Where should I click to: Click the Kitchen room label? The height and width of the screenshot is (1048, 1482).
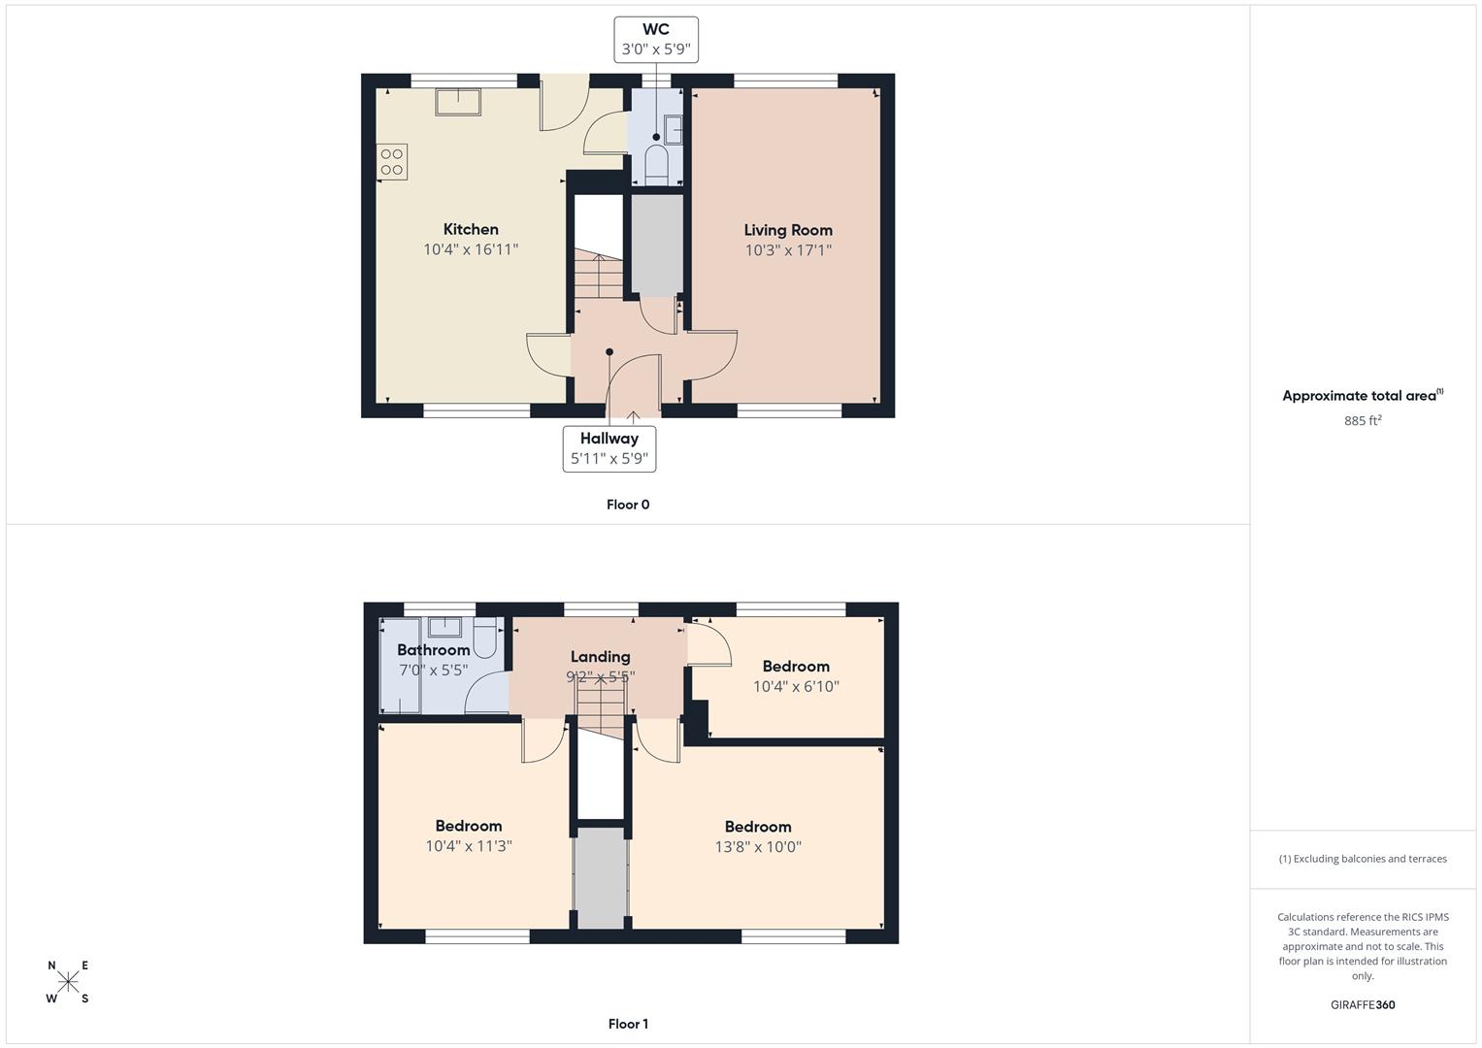click(x=471, y=230)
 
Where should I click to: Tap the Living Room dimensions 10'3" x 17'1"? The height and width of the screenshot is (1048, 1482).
click(x=788, y=250)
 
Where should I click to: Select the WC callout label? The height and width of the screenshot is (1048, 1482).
click(x=656, y=40)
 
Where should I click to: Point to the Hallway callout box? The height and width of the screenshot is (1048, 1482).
click(x=609, y=449)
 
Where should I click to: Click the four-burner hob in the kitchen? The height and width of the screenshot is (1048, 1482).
click(x=392, y=162)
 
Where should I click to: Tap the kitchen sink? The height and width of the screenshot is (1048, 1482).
click(x=458, y=102)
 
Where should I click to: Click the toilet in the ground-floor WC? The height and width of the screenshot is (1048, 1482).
click(x=656, y=165)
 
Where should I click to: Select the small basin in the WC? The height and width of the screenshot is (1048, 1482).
click(x=673, y=130)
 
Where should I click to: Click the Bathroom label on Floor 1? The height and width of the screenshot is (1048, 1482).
click(x=434, y=650)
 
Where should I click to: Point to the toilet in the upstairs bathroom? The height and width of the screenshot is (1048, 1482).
click(x=485, y=638)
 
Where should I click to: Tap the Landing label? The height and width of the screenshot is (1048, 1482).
click(x=600, y=657)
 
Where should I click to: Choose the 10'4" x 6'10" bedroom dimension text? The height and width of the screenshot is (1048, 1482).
click(x=796, y=686)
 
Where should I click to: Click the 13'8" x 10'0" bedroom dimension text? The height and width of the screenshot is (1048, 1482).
click(x=758, y=846)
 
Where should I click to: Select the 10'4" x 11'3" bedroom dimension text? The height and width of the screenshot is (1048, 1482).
click(x=469, y=845)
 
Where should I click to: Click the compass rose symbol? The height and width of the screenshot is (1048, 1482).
click(x=68, y=981)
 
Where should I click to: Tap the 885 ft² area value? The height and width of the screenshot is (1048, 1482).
click(x=1363, y=420)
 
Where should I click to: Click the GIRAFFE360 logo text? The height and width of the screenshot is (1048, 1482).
click(x=1363, y=1004)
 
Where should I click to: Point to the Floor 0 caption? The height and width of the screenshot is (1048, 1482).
click(x=628, y=505)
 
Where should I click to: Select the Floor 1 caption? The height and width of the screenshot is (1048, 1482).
click(x=628, y=1024)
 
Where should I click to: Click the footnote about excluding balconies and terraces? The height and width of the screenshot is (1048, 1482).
click(x=1363, y=859)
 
